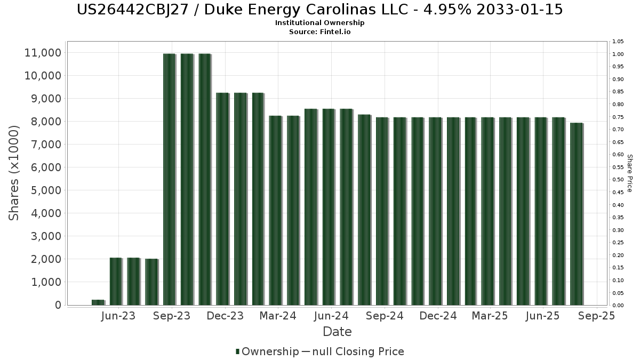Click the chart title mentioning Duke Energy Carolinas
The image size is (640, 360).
click(320, 10)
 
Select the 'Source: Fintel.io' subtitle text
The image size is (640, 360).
click(320, 32)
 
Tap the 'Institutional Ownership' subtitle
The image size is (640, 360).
click(320, 23)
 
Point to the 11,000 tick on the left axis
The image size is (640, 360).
click(43, 53)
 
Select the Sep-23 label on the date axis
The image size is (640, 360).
click(172, 316)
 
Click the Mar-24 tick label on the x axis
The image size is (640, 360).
click(278, 316)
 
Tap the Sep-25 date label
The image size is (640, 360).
click(596, 316)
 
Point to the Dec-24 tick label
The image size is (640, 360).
click(437, 316)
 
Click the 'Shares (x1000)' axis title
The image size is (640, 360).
click(14, 173)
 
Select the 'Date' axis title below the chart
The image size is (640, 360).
click(337, 332)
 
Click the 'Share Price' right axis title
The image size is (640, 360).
click(630, 173)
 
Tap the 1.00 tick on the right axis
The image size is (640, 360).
click(618, 54)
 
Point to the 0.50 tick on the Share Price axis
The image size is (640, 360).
click(618, 180)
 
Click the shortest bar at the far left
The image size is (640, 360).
click(98, 302)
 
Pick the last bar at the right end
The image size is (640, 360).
click(576, 214)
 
